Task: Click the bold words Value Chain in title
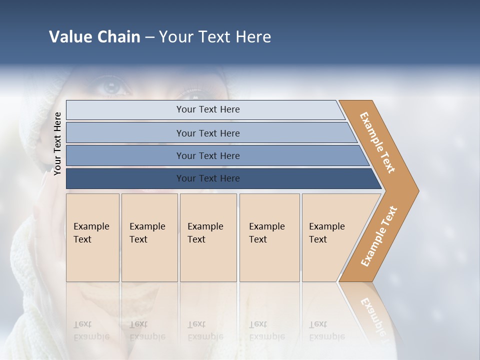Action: click(94, 37)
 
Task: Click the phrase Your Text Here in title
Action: click(215, 37)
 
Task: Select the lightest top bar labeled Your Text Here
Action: click(207, 109)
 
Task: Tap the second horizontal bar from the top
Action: click(207, 133)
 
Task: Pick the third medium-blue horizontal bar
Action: click(207, 155)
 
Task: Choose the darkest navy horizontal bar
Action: click(207, 178)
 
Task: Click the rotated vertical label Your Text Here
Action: click(57, 143)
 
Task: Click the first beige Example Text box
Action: click(92, 237)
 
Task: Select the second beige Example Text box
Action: click(149, 237)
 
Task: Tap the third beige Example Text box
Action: click(208, 237)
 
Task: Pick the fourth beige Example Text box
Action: click(269, 237)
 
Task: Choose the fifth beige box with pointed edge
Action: click(330, 237)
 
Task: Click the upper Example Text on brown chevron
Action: click(377, 142)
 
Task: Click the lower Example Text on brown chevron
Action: click(379, 236)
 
